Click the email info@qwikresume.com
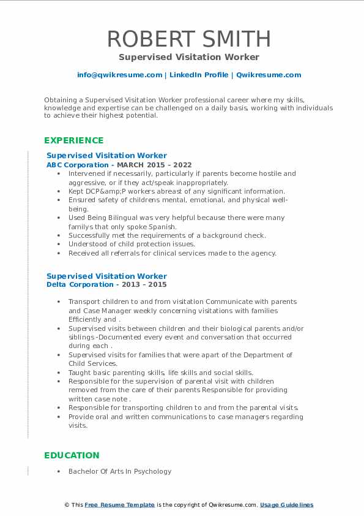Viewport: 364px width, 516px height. pyautogui.click(x=119, y=75)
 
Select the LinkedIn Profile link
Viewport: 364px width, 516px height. pyautogui.click(x=199, y=75)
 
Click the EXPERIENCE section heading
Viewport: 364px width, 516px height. pyautogui.click(x=74, y=140)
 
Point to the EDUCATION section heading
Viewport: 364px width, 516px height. pyautogui.click(x=72, y=455)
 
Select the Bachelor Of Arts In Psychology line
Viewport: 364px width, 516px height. pyautogui.click(x=120, y=471)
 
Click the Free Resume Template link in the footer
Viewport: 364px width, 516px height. pyautogui.click(x=119, y=505)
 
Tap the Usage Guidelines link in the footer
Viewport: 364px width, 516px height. pyautogui.click(x=286, y=505)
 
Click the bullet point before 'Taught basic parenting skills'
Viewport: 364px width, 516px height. pyautogui.click(x=58, y=373)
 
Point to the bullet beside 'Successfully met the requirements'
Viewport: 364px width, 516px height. pyautogui.click(x=58, y=235)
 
